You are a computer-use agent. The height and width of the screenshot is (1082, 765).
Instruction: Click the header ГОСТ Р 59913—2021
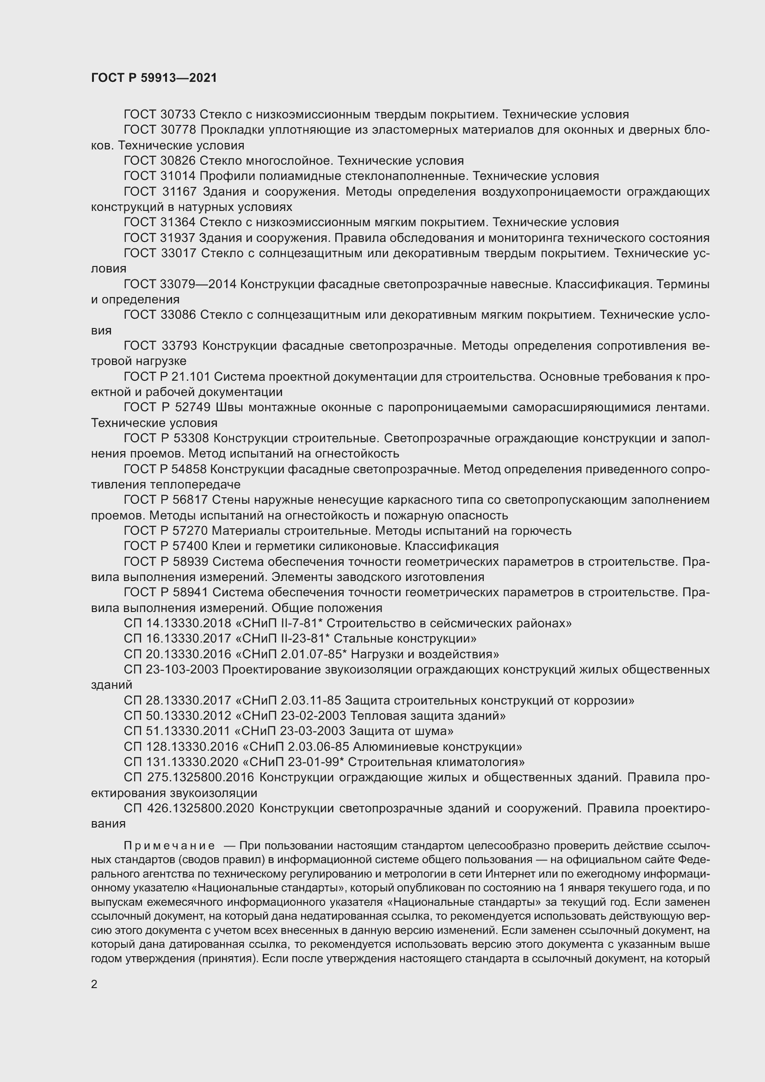pos(154,78)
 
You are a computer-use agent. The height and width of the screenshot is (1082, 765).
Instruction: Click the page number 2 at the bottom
pos(94,984)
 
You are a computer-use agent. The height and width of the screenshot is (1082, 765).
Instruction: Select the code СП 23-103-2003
pos(171,670)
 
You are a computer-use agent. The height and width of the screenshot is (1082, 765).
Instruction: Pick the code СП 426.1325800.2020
pos(189,808)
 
